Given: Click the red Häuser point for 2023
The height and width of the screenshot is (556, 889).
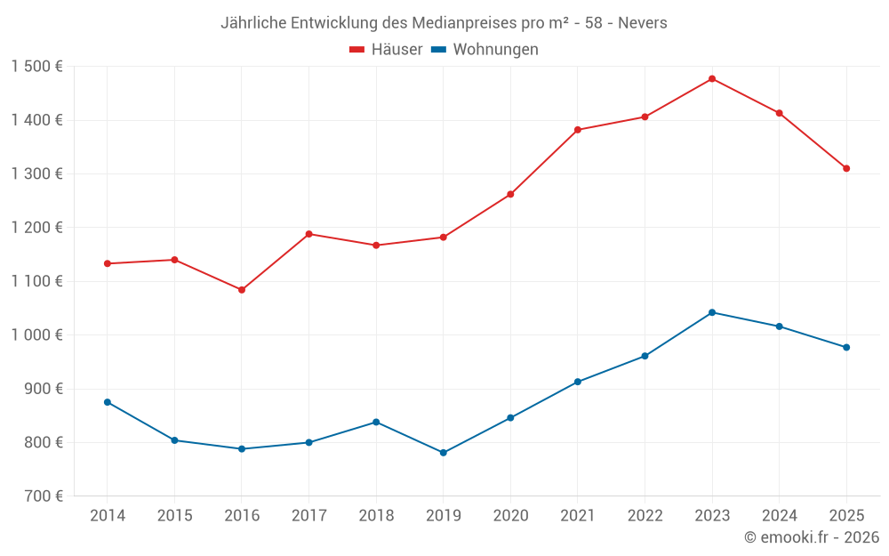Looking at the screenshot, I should pos(712,78).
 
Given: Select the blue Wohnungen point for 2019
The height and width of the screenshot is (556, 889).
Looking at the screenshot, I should pos(444,453).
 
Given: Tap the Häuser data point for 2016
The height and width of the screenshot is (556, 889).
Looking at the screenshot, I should pos(242,290).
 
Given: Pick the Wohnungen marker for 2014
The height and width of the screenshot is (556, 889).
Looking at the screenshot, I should pos(108,402).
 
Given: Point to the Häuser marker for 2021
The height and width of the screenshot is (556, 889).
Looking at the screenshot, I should pos(578,130).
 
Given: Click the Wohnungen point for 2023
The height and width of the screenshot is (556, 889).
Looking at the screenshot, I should pos(712,312).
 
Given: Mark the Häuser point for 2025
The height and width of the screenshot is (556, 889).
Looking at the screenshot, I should pos(846,168).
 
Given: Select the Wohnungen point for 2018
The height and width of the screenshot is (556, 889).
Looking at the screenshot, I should pos(376,422).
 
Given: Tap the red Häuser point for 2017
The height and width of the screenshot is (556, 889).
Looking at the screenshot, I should pos(308,234).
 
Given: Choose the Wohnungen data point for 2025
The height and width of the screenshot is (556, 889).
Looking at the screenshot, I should pos(846,347).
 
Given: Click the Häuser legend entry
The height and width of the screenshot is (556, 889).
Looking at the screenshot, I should pos(386,50).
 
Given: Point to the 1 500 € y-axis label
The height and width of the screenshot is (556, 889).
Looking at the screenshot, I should pos(37,67).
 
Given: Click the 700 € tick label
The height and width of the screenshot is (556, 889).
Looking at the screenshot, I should pos(44,496).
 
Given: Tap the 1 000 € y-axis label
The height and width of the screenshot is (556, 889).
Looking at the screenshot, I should pos(37,335).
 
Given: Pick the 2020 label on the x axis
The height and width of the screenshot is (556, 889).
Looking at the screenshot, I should pos(510,516).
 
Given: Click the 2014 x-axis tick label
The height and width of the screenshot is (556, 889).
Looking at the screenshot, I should pos(108,516).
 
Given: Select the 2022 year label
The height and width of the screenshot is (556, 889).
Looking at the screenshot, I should pos(645,516).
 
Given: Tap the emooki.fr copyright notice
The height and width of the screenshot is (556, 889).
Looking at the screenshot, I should pos(811,537).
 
